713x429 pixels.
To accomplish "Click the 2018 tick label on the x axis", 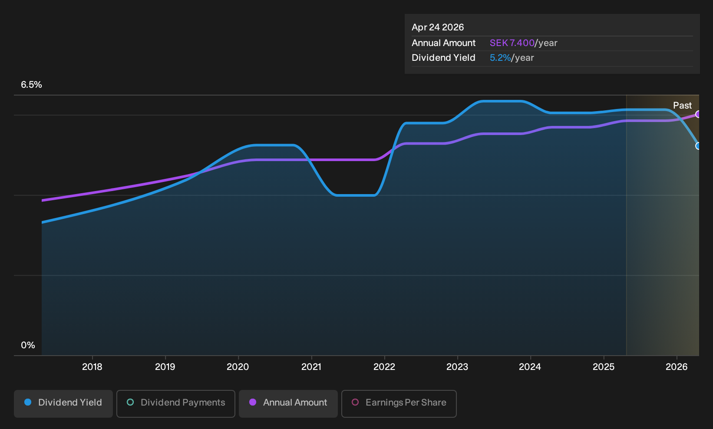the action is pos(92,367).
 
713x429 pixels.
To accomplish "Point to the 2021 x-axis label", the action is pos(311,367).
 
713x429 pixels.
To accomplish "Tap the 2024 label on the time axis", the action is pos(530,367).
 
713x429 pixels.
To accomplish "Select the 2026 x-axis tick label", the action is pos(677,367).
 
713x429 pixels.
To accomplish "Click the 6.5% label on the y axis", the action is pos(31,85).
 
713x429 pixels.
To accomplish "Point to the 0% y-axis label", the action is pos(28,345).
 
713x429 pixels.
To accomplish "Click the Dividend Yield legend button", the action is pos(63,403).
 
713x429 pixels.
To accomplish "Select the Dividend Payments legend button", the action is pos(176,403).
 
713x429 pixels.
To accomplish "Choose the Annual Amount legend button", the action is pos(288,403).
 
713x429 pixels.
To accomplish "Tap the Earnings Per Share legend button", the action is pos(399,403).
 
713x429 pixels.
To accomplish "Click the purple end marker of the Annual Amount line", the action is pos(698,114).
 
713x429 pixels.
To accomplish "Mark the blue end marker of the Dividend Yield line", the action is pos(698,146).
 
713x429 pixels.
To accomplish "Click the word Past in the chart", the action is pos(682,106).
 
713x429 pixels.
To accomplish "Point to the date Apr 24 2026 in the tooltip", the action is pos(438,27).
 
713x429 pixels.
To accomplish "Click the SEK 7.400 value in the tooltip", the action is pos(512,43).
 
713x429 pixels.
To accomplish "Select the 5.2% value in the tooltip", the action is pos(500,58).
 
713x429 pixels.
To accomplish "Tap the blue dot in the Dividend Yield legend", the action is pos(28,402).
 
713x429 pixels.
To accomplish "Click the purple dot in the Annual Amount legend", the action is pos(253,402).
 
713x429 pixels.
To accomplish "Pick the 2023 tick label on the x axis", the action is pos(457,367).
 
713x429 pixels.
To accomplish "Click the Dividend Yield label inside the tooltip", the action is pos(443,58).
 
